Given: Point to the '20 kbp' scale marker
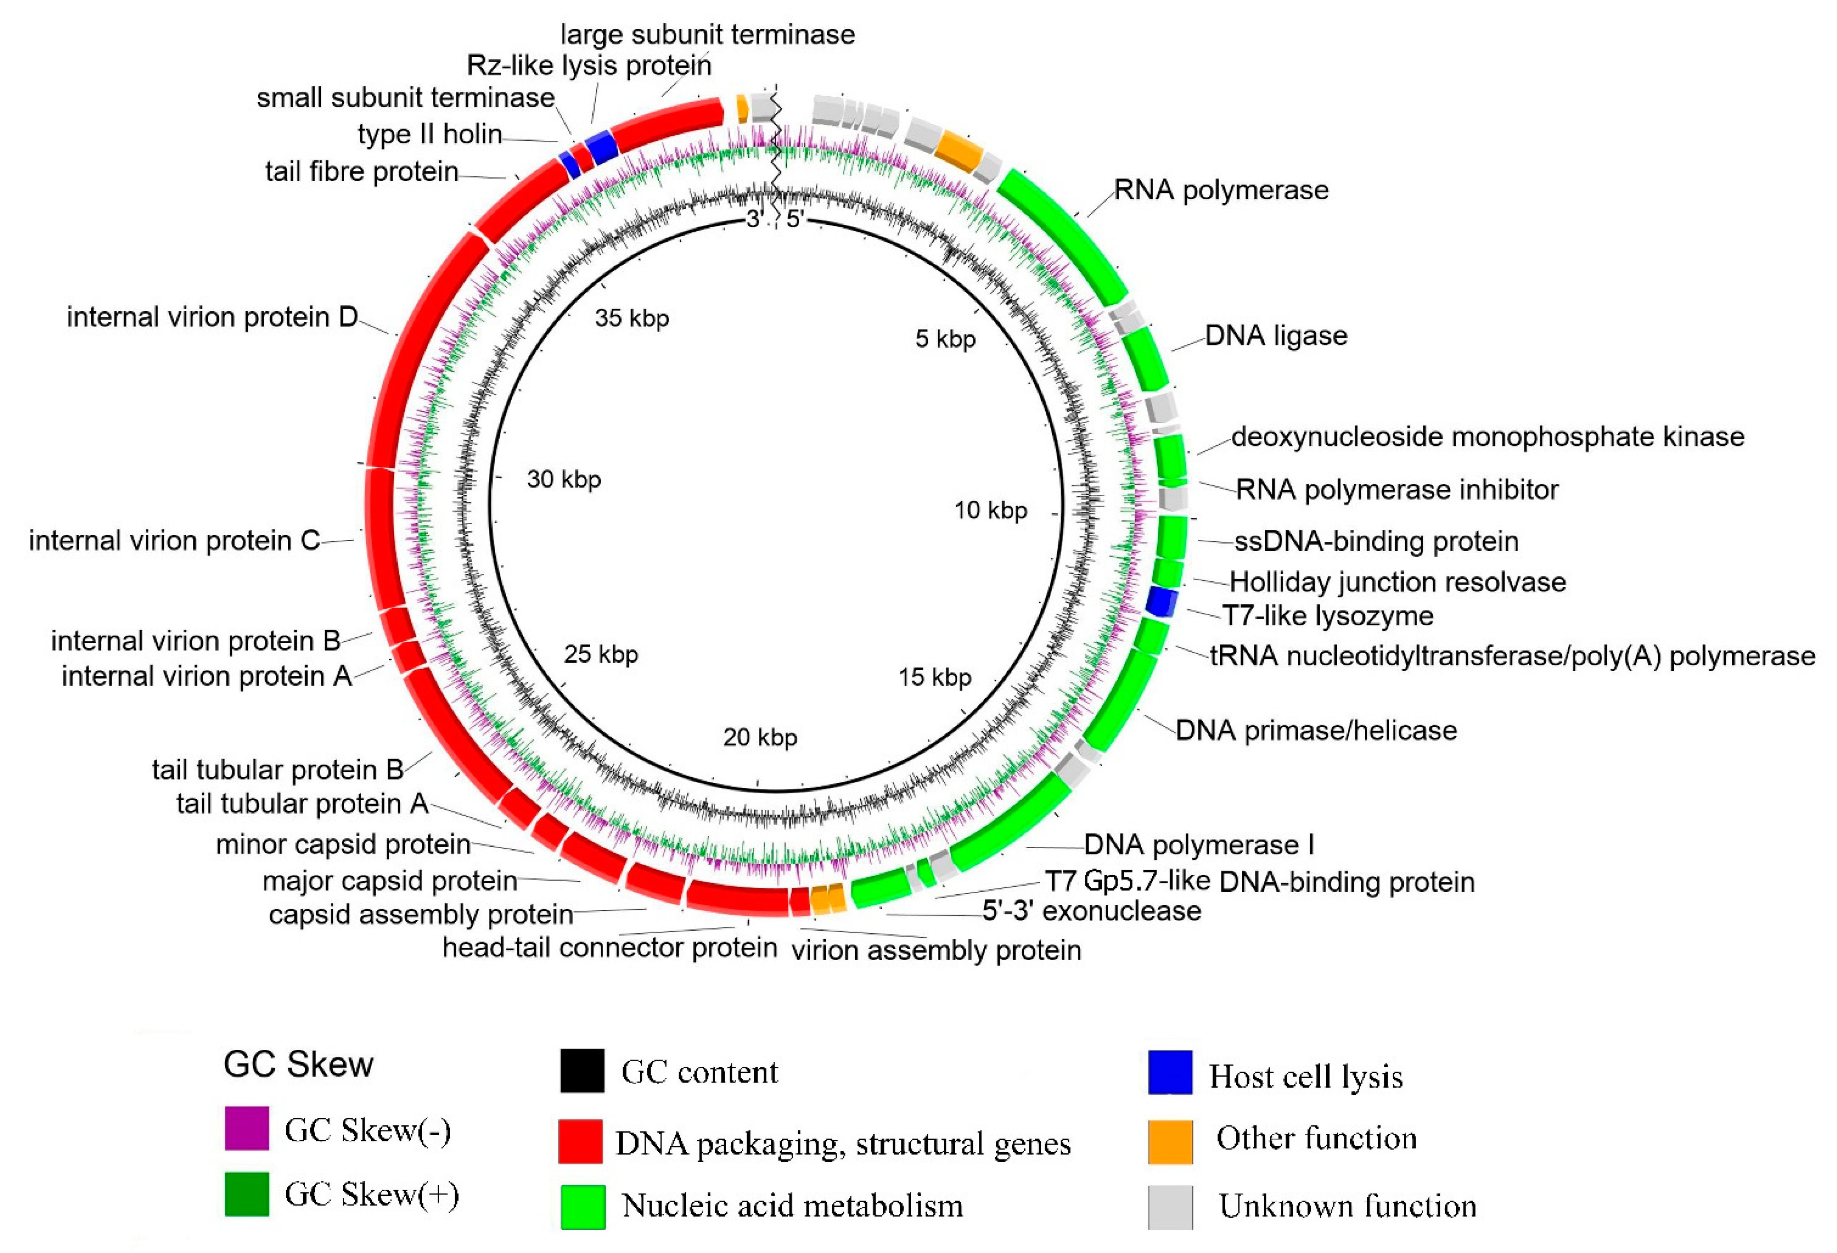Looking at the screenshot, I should (x=760, y=737).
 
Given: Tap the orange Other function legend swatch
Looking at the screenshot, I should (x=1170, y=1141).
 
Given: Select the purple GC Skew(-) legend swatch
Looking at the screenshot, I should (x=247, y=1127).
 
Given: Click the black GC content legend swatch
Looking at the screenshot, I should (x=582, y=1070).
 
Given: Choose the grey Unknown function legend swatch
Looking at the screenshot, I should (x=1170, y=1207).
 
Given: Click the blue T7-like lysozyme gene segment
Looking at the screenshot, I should (x=1161, y=603).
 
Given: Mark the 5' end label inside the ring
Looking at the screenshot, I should (x=794, y=219).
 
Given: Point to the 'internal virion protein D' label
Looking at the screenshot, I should (x=212, y=317).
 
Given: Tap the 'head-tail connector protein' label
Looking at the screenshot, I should (x=609, y=947).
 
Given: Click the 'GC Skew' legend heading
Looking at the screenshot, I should (x=298, y=1064).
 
